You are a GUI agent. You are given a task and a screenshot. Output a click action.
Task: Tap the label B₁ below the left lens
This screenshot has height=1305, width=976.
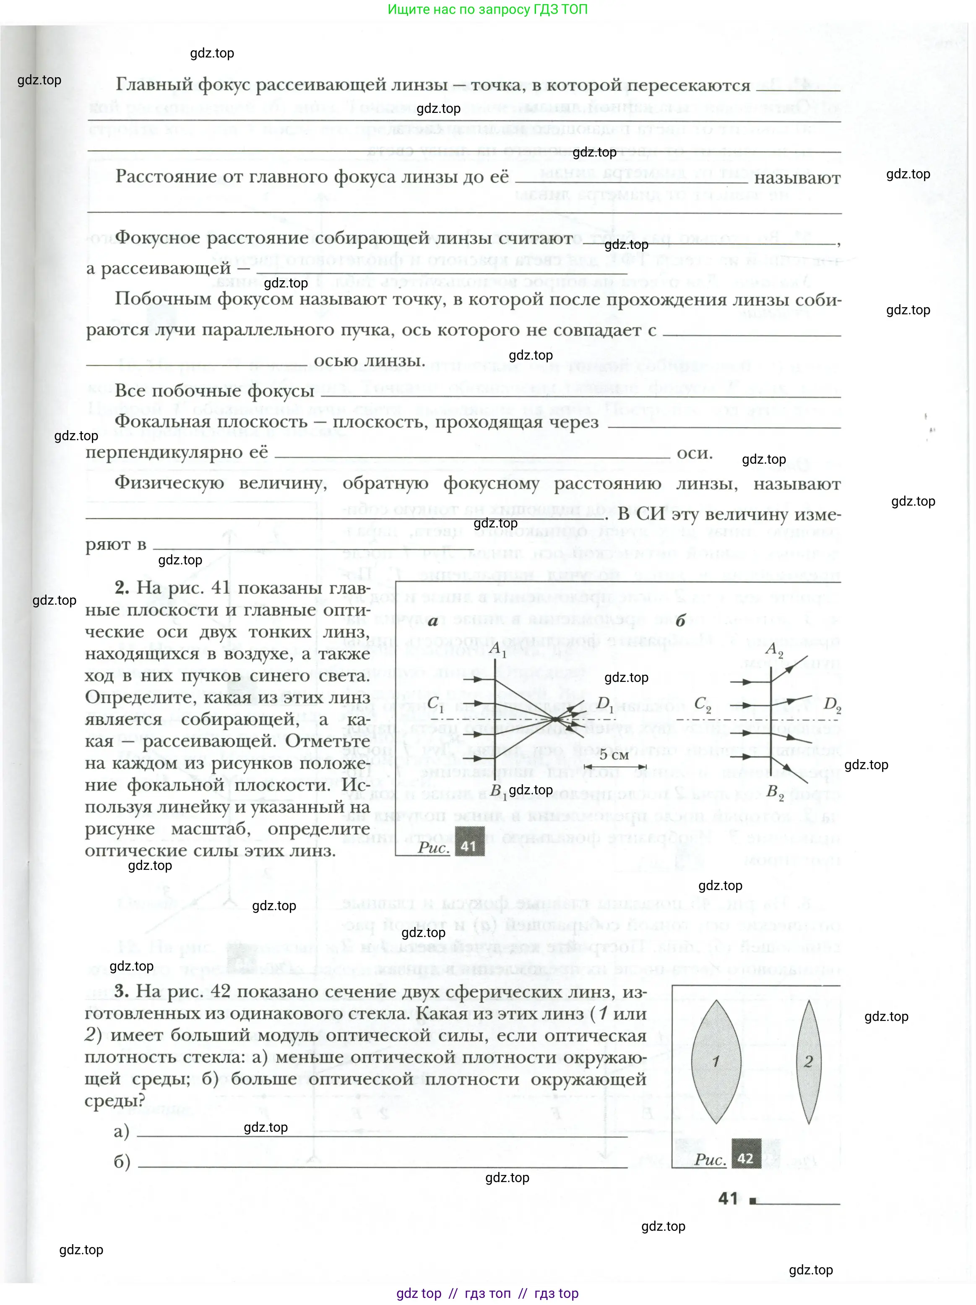tap(498, 791)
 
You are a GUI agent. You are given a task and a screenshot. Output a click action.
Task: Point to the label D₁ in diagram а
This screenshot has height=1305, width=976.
tap(605, 703)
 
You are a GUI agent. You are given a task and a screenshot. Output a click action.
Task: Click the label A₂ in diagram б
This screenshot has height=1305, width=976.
tap(774, 650)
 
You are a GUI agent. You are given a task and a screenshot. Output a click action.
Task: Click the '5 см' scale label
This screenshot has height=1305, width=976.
tap(614, 754)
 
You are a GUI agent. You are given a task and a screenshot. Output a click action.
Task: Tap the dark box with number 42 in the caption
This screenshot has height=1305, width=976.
tap(745, 1158)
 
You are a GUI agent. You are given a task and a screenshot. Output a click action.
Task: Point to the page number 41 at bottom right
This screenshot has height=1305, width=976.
tap(729, 1198)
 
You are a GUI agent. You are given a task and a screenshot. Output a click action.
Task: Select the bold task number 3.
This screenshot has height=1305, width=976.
tap(122, 991)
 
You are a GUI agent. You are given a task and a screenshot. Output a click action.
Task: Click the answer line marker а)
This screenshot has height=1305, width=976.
tap(122, 1131)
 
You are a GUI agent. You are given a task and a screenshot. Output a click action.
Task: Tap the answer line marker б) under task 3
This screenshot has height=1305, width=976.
tap(122, 1161)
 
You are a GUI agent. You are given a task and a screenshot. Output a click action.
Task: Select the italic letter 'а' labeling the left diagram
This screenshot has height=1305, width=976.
tap(433, 621)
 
